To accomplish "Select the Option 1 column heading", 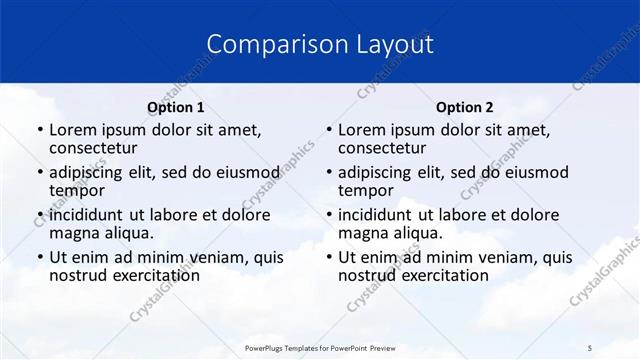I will [x=175, y=107].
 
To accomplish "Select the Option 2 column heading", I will [x=465, y=107].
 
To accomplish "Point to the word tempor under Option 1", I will [x=77, y=190].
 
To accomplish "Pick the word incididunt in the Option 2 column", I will [x=376, y=216].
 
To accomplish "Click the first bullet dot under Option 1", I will [x=39, y=131].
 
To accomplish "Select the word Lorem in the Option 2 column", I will [x=361, y=130].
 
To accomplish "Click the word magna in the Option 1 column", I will [x=74, y=233].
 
